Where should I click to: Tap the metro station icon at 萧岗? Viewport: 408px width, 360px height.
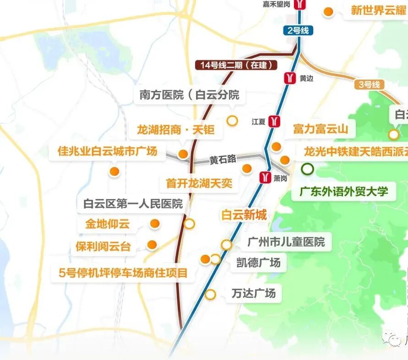265,177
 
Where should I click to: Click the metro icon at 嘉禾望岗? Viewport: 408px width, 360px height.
299,5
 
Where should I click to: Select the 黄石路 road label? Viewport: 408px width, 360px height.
223,159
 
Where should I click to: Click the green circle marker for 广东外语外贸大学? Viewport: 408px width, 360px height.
308,169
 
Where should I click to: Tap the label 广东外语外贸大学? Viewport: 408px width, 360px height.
343,191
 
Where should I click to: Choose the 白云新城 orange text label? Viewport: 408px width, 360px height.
244,215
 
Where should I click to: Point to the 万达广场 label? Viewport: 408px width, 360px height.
254,293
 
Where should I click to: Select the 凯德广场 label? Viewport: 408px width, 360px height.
258,263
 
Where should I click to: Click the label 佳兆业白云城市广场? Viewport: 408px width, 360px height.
107,151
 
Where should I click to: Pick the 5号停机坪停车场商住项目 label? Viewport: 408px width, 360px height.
124,273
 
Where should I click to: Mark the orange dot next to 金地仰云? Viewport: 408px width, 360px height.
155,223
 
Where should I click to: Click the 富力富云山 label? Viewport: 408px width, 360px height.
321,129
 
